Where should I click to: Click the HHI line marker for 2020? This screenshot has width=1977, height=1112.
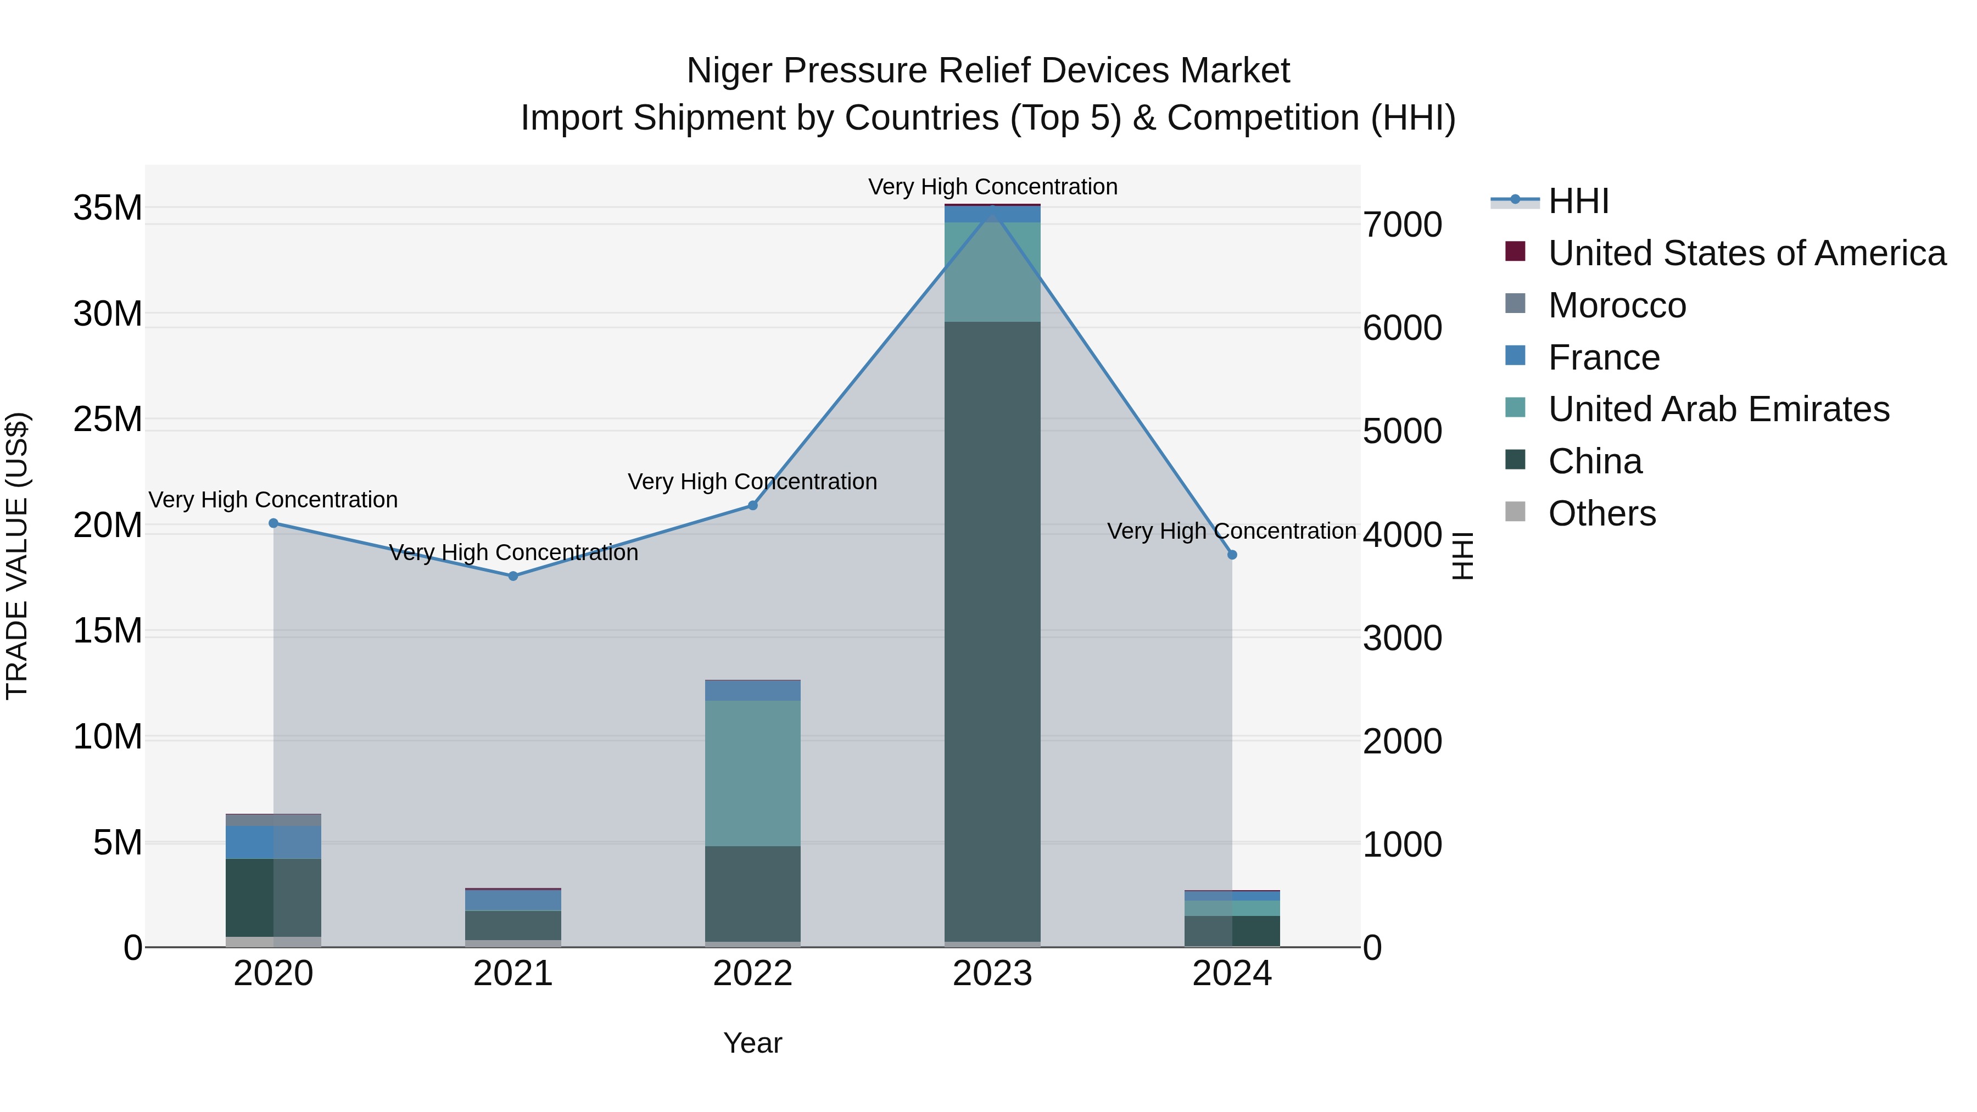click(x=273, y=523)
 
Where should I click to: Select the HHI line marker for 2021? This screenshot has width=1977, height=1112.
click(x=513, y=575)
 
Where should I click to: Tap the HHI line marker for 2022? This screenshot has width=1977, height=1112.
click(x=753, y=505)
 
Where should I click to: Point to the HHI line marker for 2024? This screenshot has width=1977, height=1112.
click(x=1232, y=554)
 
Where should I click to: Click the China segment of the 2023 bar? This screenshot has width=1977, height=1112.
click(x=992, y=629)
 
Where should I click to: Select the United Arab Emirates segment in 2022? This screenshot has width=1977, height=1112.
click(x=753, y=772)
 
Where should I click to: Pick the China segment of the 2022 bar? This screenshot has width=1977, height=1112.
click(x=753, y=893)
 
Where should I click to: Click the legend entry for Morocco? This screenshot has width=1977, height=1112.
click(x=1616, y=305)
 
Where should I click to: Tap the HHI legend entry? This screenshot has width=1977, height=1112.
click(x=1578, y=201)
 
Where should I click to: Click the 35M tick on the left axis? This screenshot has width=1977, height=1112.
click(x=108, y=208)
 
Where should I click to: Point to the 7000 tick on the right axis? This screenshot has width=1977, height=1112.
click(x=1402, y=226)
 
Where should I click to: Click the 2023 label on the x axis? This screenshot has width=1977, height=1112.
click(x=992, y=974)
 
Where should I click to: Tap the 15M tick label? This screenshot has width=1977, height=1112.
click(x=108, y=632)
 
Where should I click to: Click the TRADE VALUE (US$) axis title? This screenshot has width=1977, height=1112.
click(x=17, y=556)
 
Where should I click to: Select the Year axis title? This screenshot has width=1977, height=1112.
click(x=752, y=1043)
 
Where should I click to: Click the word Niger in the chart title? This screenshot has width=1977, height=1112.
click(x=730, y=71)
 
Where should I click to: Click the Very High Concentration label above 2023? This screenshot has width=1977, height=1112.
click(x=992, y=187)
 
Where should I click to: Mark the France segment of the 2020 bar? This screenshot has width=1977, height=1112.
click(x=273, y=842)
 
